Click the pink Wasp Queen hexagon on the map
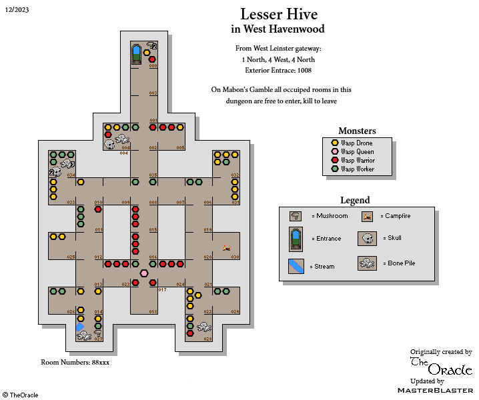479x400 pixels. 144,273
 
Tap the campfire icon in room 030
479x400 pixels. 227,248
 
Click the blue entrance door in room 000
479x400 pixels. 137,52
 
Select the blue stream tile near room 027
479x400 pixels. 80,327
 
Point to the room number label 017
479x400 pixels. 162,290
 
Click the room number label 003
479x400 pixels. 153,93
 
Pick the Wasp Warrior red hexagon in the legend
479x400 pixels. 335,161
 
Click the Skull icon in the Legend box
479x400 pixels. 367,238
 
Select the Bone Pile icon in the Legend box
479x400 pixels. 367,263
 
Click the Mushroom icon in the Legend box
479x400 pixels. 295,216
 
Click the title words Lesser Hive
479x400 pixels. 279,14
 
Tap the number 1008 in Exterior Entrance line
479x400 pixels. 304,70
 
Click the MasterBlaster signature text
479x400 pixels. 435,389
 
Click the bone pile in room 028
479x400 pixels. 203,327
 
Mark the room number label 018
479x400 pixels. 153,312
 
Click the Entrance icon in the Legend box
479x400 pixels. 295,239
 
